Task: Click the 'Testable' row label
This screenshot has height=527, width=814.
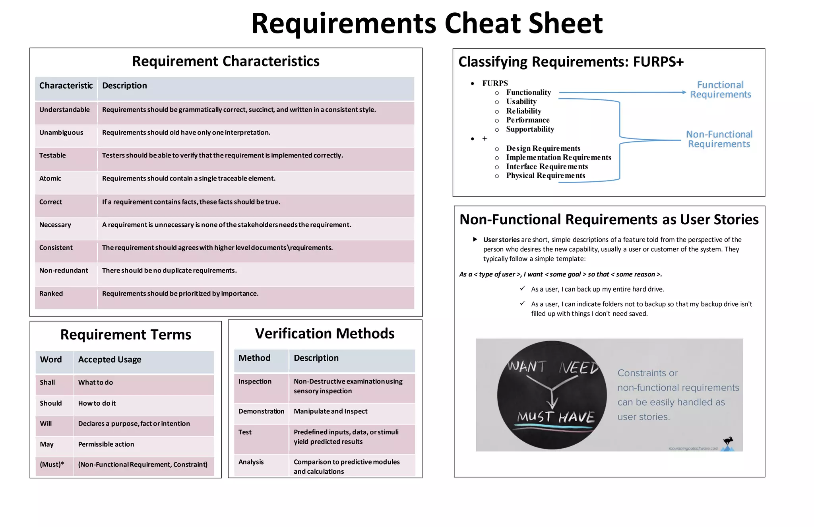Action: click(52, 156)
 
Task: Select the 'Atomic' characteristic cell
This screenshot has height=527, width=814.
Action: click(50, 179)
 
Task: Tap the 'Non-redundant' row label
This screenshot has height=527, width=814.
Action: click(64, 270)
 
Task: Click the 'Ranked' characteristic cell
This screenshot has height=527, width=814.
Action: click(51, 294)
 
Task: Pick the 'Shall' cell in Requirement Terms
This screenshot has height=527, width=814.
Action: click(47, 383)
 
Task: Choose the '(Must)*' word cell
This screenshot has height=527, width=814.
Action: click(52, 465)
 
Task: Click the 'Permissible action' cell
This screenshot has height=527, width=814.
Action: click(106, 444)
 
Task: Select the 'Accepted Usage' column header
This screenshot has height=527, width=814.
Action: click(110, 360)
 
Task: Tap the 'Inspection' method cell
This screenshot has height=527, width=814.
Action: click(255, 382)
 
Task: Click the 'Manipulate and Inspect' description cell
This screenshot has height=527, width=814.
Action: click(330, 411)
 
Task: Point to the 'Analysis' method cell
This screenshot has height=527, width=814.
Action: click(251, 462)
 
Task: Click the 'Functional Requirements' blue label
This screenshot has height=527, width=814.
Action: click(720, 89)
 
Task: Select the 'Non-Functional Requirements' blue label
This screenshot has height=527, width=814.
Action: click(719, 139)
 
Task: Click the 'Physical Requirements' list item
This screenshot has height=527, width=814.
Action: click(545, 176)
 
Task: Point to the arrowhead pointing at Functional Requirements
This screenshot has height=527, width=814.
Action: click(684, 92)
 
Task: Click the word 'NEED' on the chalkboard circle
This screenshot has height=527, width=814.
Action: click(578, 368)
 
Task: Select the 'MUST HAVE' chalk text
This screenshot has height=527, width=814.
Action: click(556, 417)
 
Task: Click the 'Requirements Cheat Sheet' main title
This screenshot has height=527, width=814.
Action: click(427, 23)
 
